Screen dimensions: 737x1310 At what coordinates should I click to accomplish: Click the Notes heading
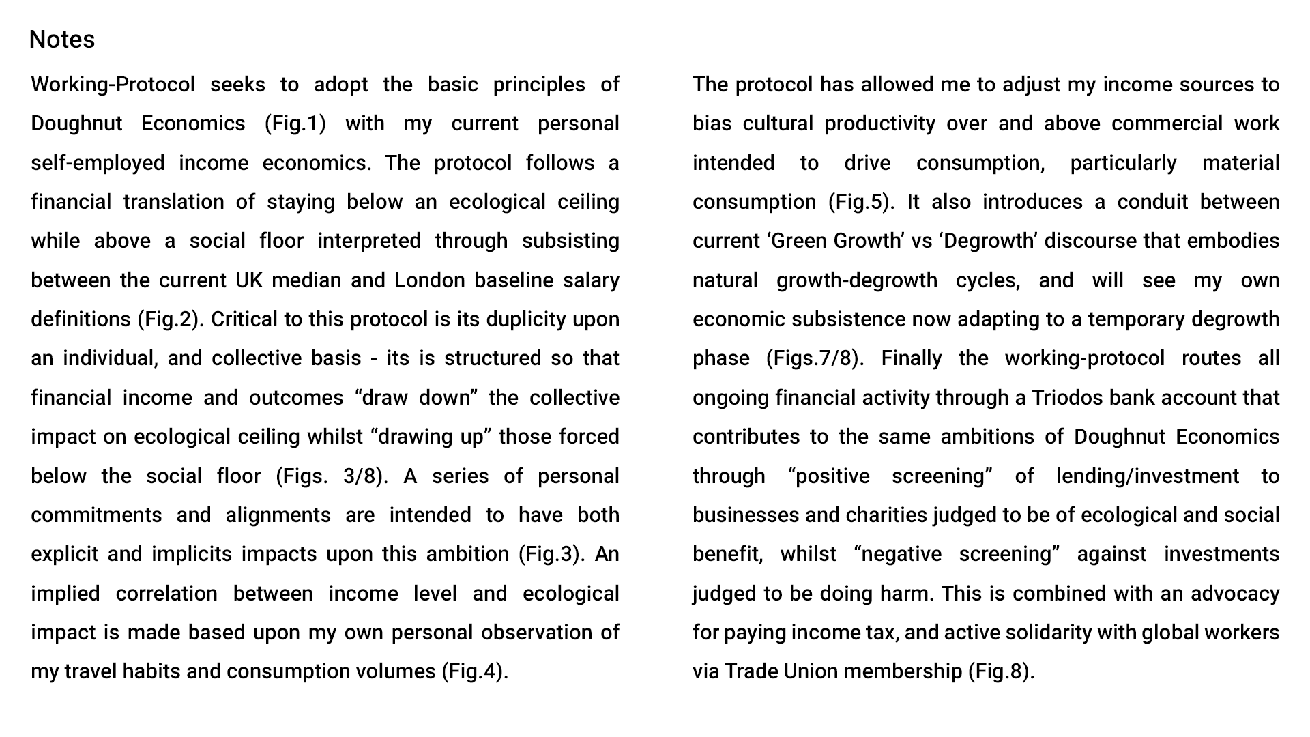tap(62, 40)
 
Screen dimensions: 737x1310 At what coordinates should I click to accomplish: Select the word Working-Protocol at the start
tap(113, 85)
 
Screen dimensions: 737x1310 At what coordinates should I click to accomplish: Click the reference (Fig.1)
tap(295, 124)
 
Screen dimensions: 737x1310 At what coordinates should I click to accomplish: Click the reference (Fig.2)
tap(170, 319)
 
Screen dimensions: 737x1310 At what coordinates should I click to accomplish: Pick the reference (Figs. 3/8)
tap(332, 476)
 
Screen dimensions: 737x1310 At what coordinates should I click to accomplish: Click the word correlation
tap(166, 594)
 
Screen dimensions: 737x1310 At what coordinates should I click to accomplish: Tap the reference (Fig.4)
tap(475, 671)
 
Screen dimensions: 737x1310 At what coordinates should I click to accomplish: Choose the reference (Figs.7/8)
tap(815, 358)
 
